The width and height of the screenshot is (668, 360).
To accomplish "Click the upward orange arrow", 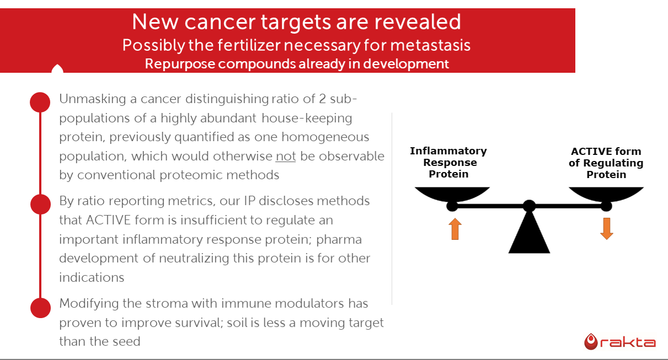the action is click(x=455, y=229).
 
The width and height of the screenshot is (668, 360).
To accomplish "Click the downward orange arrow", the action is click(x=607, y=229).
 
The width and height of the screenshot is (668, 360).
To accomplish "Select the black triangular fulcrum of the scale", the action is click(x=529, y=231).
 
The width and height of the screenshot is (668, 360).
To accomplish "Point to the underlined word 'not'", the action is click(x=286, y=156).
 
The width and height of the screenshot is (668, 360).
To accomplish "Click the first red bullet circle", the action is click(x=40, y=102).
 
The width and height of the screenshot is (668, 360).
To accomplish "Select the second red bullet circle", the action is click(x=41, y=204).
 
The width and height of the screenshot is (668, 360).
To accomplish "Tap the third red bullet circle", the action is click(x=41, y=308).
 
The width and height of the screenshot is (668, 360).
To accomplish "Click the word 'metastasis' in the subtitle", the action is click(x=430, y=45).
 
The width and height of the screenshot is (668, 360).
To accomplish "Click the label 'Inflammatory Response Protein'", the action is click(x=448, y=163).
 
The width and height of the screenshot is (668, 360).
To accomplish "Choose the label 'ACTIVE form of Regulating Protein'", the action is click(x=606, y=163).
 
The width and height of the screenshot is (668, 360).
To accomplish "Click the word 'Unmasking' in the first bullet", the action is click(x=93, y=99).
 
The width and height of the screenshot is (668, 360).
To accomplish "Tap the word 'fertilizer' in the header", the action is click(x=249, y=45).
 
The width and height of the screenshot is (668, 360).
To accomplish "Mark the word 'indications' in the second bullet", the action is click(x=92, y=277).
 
